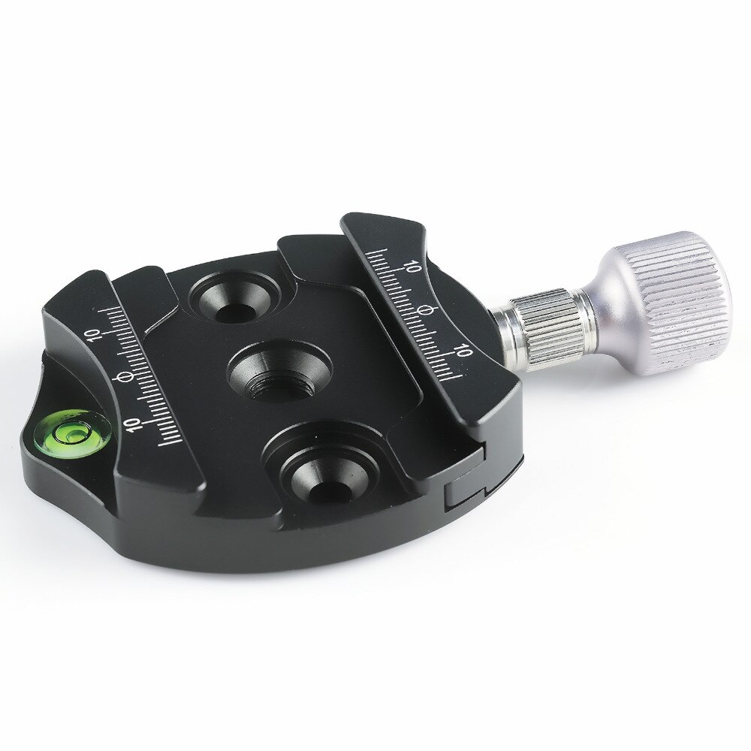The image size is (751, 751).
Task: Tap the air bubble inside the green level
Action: pos(73,433)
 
